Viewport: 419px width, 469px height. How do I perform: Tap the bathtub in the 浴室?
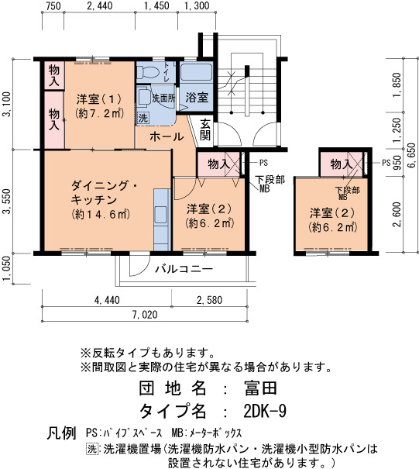[x=197, y=71]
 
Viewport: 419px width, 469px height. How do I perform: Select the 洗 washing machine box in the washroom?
[x=143, y=118]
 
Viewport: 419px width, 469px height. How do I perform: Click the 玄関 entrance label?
[x=205, y=129]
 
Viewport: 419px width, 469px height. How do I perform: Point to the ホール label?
[x=167, y=136]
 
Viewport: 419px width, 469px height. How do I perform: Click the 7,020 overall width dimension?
[x=145, y=315]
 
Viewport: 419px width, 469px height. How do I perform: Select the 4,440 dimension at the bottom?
[x=107, y=300]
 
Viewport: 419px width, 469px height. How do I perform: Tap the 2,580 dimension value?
[x=209, y=300]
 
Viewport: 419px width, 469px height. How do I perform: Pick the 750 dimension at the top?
[x=53, y=5]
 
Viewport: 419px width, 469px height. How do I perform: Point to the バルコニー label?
[x=184, y=269]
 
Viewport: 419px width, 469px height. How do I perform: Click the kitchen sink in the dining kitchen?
[x=161, y=215]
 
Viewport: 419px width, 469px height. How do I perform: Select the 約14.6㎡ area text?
[x=101, y=215]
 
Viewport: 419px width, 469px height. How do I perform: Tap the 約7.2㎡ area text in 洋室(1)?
[x=99, y=113]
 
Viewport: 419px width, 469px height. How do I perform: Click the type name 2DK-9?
[x=265, y=412]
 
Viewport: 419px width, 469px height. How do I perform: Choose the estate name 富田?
[x=260, y=388]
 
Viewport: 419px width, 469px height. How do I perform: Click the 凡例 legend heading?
[x=61, y=433]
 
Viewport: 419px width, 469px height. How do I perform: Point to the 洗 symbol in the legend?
[x=92, y=449]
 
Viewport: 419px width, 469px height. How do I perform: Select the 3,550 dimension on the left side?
[x=8, y=202]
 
